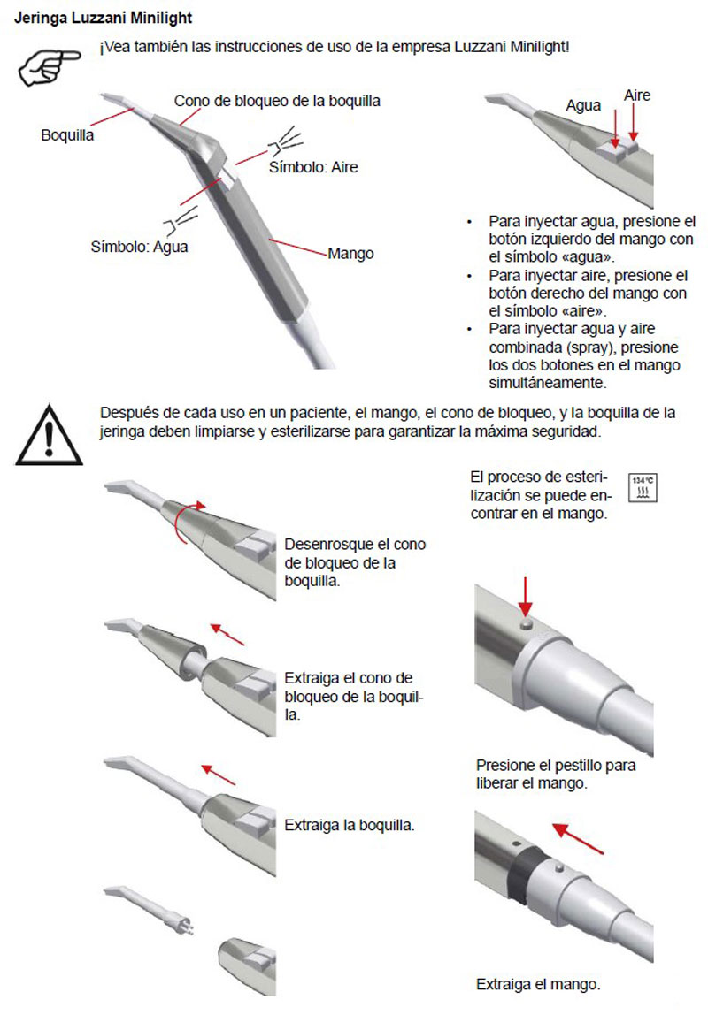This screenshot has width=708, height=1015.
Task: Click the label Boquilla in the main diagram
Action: click(67, 135)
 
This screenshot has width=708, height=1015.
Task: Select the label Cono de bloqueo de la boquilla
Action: click(277, 101)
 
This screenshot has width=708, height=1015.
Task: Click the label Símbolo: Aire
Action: click(313, 167)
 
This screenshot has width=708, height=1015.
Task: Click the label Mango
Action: click(350, 254)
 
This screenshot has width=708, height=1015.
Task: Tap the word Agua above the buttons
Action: click(584, 105)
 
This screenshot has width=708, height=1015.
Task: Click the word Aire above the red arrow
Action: click(637, 95)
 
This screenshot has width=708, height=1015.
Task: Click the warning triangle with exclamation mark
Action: click(50, 434)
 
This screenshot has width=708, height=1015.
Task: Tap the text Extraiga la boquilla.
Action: click(350, 824)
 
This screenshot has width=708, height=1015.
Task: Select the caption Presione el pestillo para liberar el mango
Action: click(555, 774)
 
